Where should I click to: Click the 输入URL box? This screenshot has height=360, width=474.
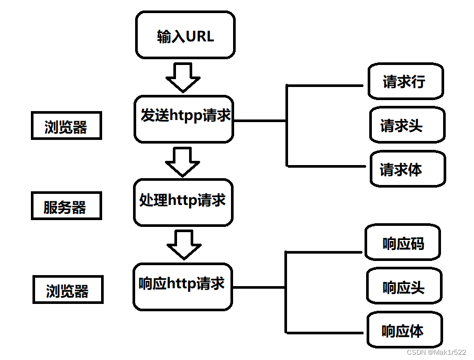click(185, 35)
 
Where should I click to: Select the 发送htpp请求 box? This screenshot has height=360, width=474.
click(184, 119)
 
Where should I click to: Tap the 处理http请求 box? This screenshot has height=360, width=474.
click(183, 202)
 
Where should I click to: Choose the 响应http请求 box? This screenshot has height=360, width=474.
click(183, 287)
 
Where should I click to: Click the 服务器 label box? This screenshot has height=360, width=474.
click(67, 206)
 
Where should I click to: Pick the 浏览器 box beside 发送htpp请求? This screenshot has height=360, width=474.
click(67, 126)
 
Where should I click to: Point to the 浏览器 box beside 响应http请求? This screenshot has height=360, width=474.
click(68, 289)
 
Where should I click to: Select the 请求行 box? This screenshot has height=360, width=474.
click(406, 81)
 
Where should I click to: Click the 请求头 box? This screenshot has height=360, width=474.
click(407, 125)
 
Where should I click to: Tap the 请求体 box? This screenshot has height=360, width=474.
click(408, 169)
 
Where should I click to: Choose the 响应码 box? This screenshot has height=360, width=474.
click(403, 242)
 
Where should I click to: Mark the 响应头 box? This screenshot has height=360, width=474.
click(404, 286)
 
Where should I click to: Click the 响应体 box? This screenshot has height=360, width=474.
click(405, 330)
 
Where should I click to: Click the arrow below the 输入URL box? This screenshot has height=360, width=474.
click(183, 78)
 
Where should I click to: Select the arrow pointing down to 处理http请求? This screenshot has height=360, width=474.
click(182, 162)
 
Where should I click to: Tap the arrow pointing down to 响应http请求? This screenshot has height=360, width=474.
click(184, 245)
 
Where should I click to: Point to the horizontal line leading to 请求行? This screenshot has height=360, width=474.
click(325, 85)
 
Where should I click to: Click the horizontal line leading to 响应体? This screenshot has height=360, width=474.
click(324, 333)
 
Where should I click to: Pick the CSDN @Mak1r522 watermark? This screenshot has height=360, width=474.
click(436, 352)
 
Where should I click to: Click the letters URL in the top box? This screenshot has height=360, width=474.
click(200, 36)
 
